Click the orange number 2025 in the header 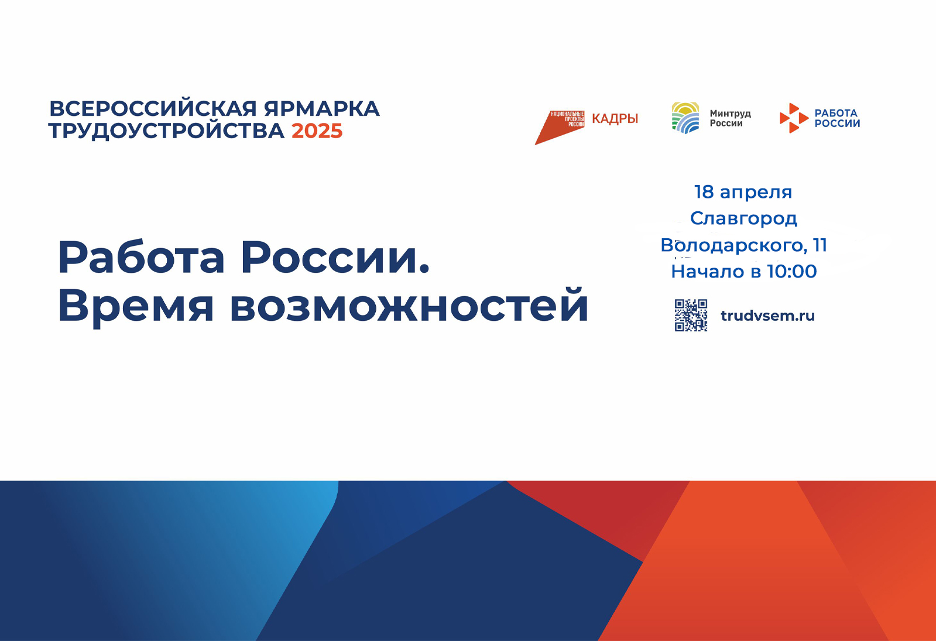[x=317, y=131]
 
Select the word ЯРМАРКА [x=322, y=109]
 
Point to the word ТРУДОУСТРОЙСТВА [x=166, y=131]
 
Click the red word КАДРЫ [x=615, y=119]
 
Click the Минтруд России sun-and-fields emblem [x=685, y=118]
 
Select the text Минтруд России [x=730, y=118]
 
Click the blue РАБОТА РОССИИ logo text [x=837, y=118]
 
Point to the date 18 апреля [x=743, y=192]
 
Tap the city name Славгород [x=743, y=218]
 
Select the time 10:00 [x=791, y=272]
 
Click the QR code [x=691, y=316]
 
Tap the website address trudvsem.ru [x=767, y=316]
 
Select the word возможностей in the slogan [x=409, y=305]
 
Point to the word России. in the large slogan [x=335, y=257]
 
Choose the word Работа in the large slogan [x=141, y=256]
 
